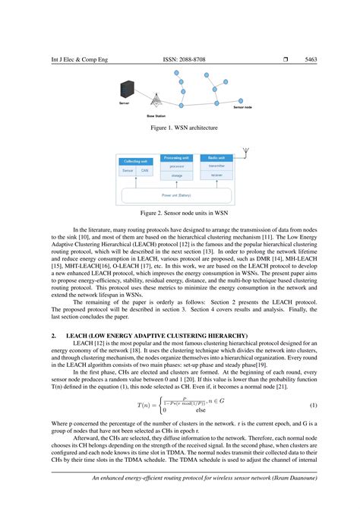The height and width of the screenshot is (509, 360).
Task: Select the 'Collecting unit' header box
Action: click(x=136, y=161)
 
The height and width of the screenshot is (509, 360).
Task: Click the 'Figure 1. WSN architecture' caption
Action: click(x=179, y=128)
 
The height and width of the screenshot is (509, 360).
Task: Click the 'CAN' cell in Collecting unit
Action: click(x=144, y=171)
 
